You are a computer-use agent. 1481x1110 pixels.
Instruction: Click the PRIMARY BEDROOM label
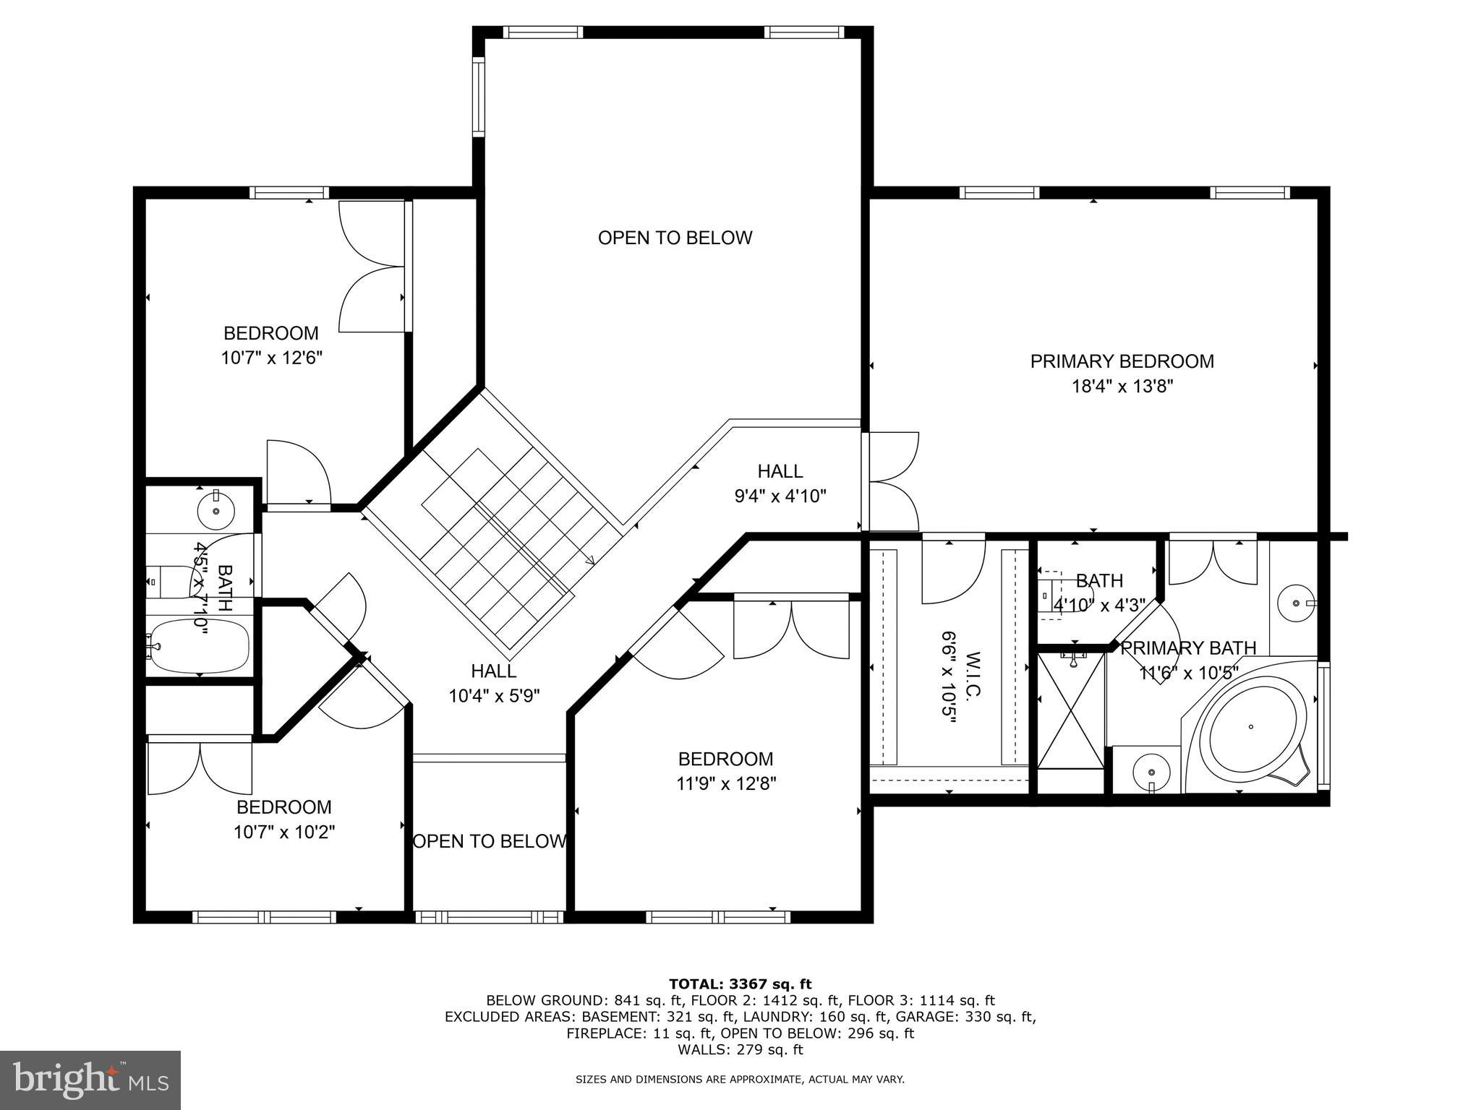pyautogui.click(x=1122, y=361)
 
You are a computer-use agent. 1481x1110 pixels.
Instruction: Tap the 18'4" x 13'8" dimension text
pyautogui.click(x=1122, y=387)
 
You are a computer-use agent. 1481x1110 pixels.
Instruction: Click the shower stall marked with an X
pyautogui.click(x=1070, y=710)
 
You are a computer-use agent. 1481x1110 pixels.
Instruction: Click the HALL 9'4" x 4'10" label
pyautogui.click(x=780, y=483)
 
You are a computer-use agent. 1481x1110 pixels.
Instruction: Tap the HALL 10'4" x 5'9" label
pyautogui.click(x=494, y=683)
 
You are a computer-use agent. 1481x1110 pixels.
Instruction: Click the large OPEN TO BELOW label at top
pyautogui.click(x=675, y=238)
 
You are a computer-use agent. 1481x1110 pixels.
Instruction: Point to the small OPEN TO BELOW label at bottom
pyautogui.click(x=489, y=841)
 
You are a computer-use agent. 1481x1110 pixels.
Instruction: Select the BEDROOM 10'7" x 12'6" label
pyautogui.click(x=271, y=345)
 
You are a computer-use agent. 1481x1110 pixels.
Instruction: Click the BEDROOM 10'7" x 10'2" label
pyautogui.click(x=283, y=819)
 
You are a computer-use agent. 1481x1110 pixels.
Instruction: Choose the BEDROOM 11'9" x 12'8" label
pyautogui.click(x=725, y=771)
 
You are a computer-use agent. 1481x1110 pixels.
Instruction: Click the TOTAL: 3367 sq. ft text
pyautogui.click(x=740, y=984)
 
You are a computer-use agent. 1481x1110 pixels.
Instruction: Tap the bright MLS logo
pyautogui.click(x=90, y=1080)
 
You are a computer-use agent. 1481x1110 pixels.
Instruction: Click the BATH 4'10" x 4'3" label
pyautogui.click(x=1098, y=592)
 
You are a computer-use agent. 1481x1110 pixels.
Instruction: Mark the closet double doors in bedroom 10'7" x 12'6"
pyautogui.click(x=372, y=267)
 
